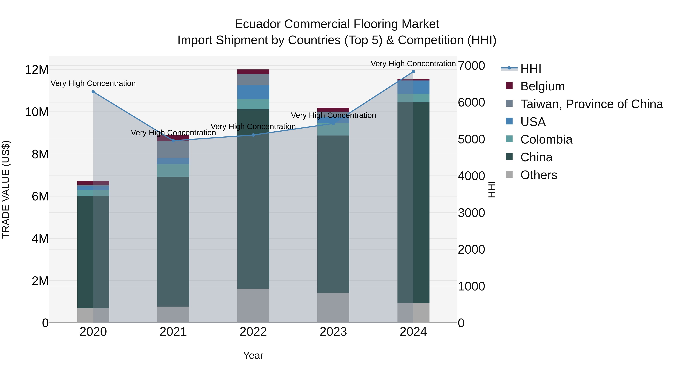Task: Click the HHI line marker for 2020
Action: tap(93, 92)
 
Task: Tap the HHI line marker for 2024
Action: tap(413, 72)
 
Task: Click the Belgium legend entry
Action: tap(542, 86)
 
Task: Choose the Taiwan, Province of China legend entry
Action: tap(591, 104)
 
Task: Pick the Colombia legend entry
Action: tap(546, 139)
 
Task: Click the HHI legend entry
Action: tap(530, 69)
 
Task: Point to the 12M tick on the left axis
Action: tap(37, 70)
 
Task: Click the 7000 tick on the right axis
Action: tap(471, 66)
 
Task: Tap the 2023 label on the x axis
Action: tap(333, 332)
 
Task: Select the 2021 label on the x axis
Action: tap(173, 332)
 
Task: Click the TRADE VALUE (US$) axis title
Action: tap(6, 189)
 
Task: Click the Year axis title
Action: tap(253, 355)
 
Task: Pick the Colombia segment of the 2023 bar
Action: tap(333, 129)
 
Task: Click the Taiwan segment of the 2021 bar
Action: tap(173, 149)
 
